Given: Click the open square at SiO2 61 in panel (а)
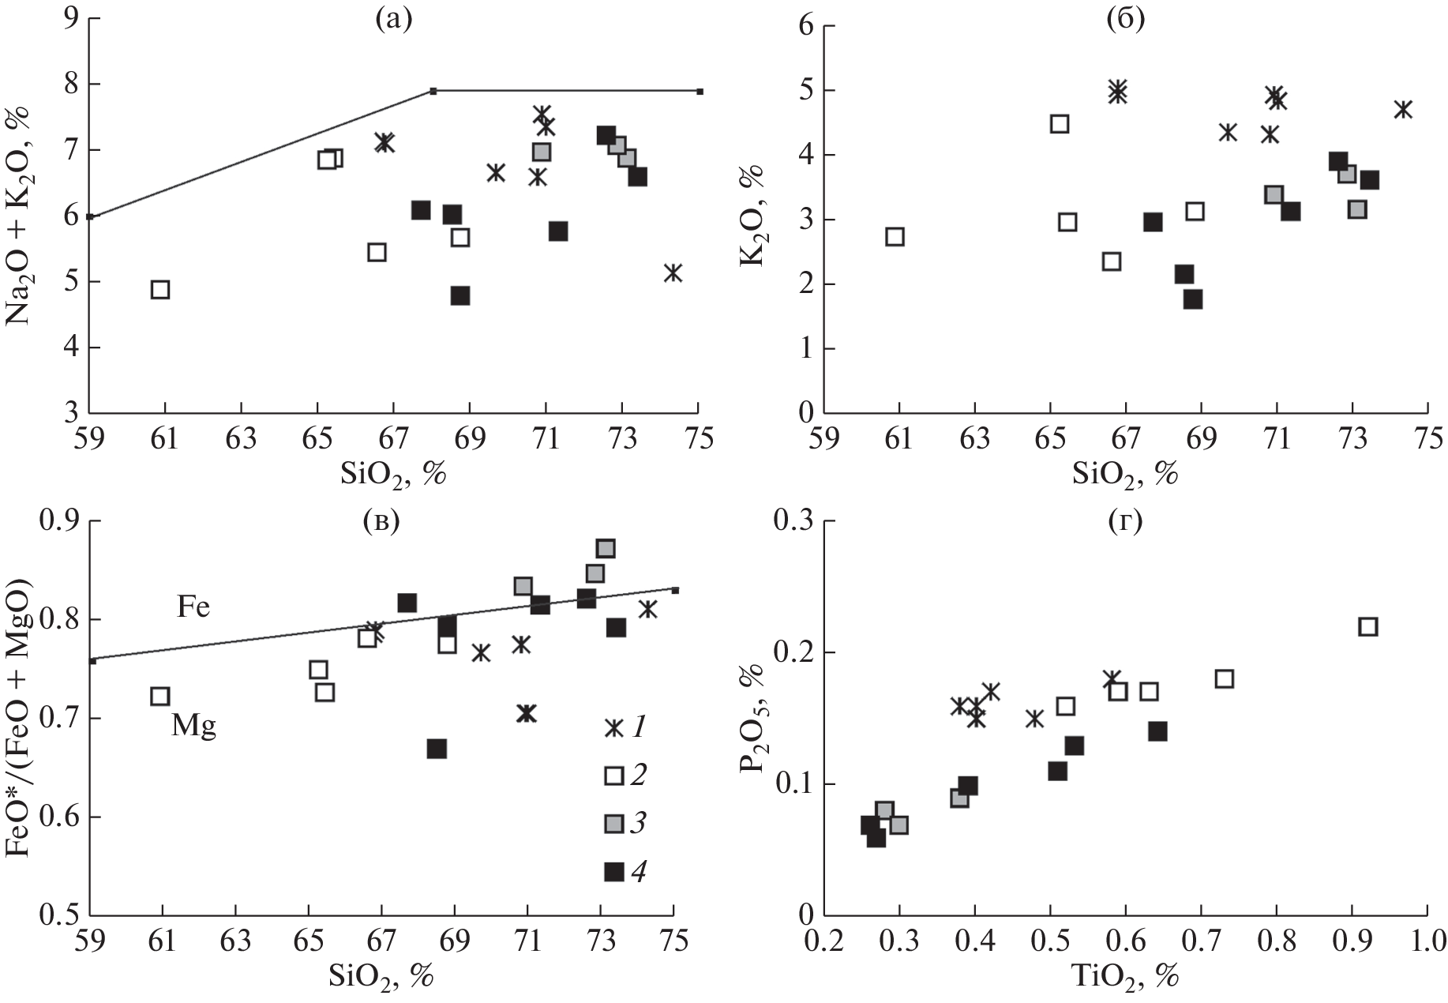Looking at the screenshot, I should pos(160,289).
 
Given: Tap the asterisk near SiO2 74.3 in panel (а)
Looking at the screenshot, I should pos(673,272).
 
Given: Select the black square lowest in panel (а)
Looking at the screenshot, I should pos(460,295).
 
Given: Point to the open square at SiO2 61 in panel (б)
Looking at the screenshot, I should pos(895,236).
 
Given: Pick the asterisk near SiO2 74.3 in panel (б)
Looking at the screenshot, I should pos(1402,110).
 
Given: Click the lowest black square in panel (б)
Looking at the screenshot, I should pos(1192,299).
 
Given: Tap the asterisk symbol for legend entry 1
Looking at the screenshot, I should pos(613,728).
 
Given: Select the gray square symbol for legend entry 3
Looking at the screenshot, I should pos(613,824).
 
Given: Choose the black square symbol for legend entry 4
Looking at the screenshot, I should pos(613,872).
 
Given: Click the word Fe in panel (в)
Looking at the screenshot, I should pos(193,607).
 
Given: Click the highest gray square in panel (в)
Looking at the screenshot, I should pos(606,548).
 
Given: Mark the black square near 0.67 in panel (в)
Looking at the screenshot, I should pos(437,749).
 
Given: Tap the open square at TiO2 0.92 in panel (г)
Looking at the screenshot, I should pos(1367,627).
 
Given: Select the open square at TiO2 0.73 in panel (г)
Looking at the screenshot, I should pos(1224,679).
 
